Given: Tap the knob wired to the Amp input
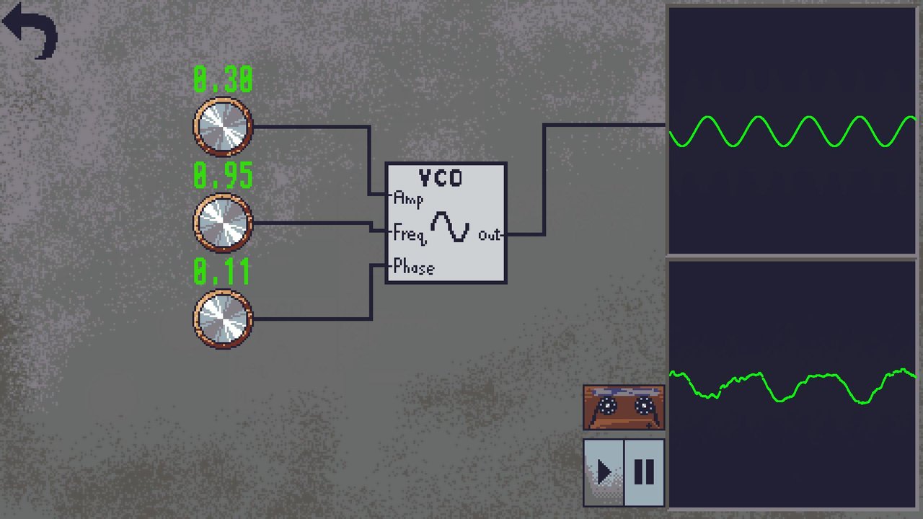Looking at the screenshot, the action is (x=223, y=126).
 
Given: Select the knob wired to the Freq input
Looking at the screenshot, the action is (x=223, y=223).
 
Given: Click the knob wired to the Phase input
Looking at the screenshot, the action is (x=223, y=319).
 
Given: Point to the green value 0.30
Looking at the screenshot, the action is (x=223, y=79).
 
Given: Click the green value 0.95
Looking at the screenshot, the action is (x=223, y=175).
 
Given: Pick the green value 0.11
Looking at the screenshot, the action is (x=221, y=272).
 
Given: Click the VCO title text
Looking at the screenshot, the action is (x=441, y=178).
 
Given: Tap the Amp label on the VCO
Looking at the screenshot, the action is (x=408, y=200).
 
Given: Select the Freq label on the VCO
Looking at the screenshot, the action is (x=410, y=234).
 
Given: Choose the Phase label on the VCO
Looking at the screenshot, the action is (x=414, y=267).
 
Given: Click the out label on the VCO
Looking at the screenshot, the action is (x=489, y=235).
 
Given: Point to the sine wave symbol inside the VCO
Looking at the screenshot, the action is (x=450, y=226).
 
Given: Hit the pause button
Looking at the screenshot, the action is (x=644, y=472).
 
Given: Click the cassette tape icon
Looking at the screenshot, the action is (x=624, y=408).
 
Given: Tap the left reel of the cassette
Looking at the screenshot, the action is (x=606, y=407).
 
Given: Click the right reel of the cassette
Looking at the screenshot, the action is (x=644, y=406).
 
